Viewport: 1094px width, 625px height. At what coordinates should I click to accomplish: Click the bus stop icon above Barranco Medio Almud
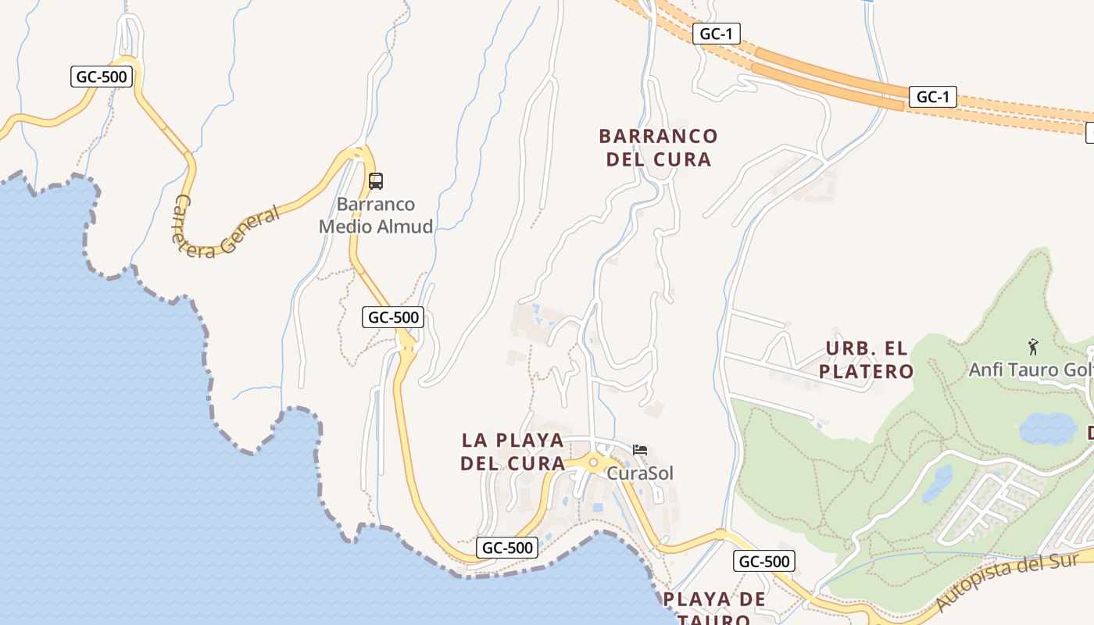(376, 181)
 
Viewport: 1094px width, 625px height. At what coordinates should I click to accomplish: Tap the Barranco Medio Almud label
(376, 216)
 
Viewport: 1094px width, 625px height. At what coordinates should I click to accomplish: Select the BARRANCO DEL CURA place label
(658, 148)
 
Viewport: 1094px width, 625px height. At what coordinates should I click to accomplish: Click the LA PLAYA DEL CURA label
(513, 452)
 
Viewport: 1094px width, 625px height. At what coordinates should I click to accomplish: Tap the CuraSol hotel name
(640, 473)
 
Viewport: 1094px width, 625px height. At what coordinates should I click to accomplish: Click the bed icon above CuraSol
(640, 450)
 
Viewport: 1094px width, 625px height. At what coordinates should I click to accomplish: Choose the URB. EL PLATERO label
(866, 359)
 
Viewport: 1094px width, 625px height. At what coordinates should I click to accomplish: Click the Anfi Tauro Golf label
(1030, 370)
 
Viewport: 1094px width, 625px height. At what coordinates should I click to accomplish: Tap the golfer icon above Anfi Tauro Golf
(1033, 346)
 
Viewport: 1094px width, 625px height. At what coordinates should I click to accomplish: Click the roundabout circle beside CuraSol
(593, 463)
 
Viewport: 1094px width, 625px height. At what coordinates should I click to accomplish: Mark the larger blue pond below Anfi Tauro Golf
(1047, 428)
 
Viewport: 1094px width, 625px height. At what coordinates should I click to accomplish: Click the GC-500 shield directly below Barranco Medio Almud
(394, 317)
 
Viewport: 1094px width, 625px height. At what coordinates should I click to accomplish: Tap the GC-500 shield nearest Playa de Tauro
(764, 561)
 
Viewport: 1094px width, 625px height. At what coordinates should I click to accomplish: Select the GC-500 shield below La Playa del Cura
(508, 548)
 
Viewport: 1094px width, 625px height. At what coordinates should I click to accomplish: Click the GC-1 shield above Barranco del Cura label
(716, 34)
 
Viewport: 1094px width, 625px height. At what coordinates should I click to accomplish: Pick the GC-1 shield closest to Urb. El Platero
(933, 97)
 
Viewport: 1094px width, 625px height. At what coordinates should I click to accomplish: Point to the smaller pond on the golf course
(938, 483)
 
